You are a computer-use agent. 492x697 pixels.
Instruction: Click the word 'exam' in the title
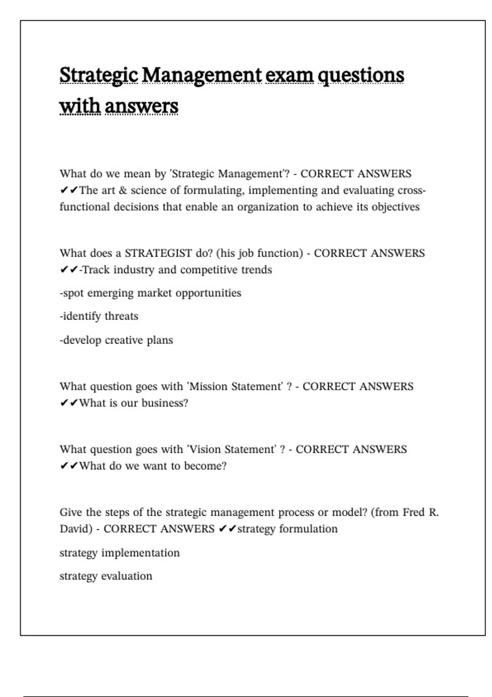pyautogui.click(x=289, y=75)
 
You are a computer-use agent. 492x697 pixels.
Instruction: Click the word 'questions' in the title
pyautogui.click(x=361, y=76)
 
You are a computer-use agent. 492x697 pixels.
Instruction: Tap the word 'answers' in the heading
pyautogui.click(x=141, y=106)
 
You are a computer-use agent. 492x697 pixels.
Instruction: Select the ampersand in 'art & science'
pyautogui.click(x=123, y=191)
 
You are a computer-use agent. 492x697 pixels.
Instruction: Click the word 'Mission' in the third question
pyautogui.click(x=209, y=387)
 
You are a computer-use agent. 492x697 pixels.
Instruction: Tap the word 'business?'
pyautogui.click(x=165, y=403)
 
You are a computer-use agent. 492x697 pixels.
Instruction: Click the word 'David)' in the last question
pyautogui.click(x=76, y=529)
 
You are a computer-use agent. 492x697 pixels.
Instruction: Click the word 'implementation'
pyautogui.click(x=140, y=553)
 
